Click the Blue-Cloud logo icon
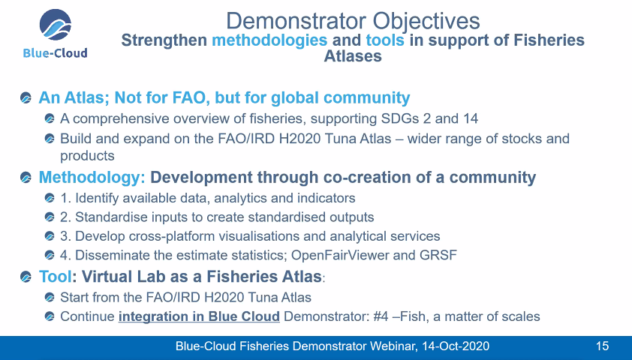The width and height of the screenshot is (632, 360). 55,26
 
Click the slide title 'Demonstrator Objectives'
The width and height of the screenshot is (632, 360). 353,20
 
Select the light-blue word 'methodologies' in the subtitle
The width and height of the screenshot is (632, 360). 269,40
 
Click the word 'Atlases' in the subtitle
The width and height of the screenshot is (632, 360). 353,56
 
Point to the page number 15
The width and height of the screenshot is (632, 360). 602,346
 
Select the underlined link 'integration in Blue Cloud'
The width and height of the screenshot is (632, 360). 199,316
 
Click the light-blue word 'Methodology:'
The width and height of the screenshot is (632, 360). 92,178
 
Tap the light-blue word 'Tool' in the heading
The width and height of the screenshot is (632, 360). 55,276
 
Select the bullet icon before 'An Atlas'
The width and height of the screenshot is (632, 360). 27,98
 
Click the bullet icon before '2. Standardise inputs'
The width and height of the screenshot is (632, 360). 50,217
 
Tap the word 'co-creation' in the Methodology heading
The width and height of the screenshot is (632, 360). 349,178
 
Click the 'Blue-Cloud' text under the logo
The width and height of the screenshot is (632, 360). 55,52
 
